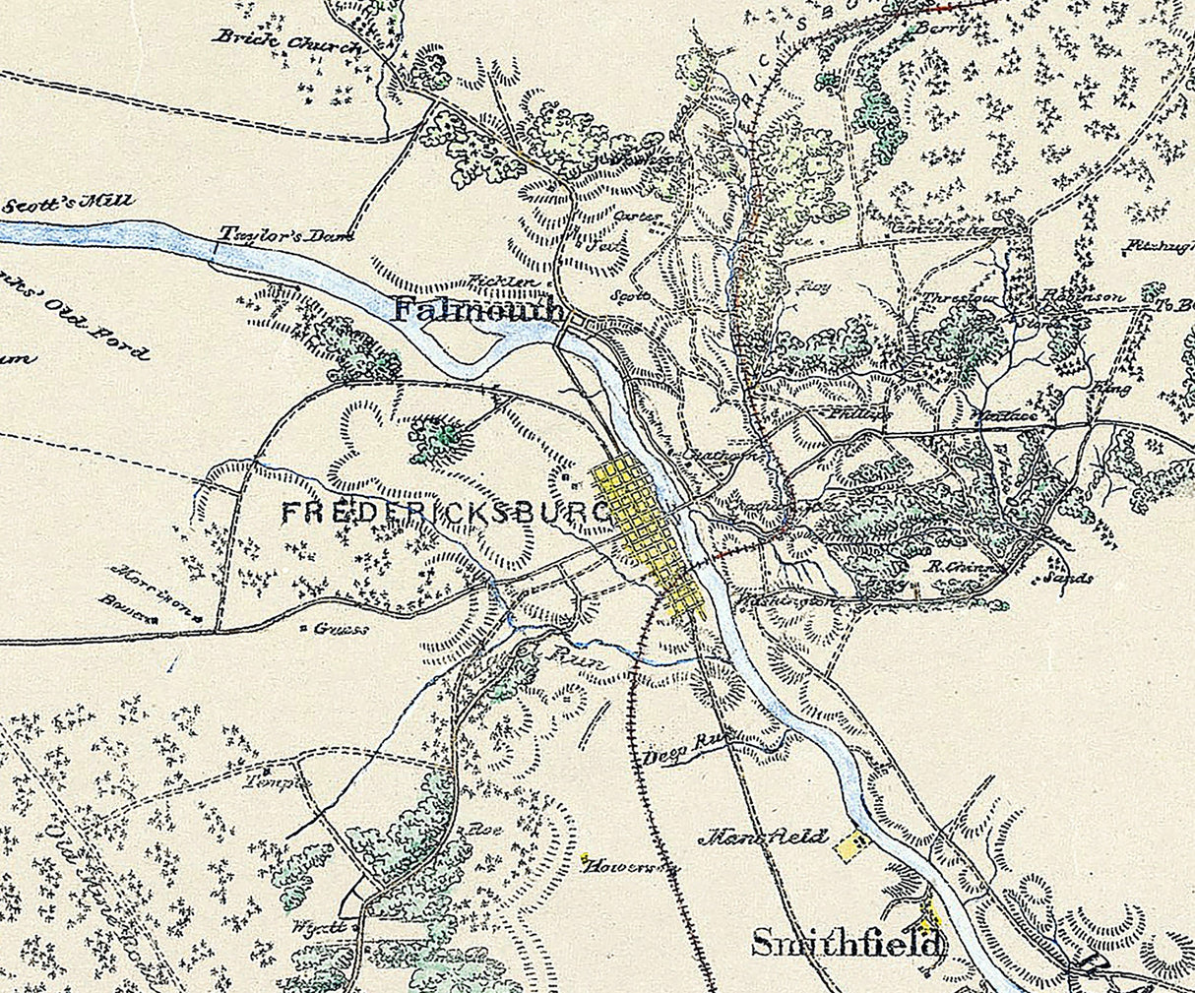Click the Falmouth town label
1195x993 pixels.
(x=478, y=311)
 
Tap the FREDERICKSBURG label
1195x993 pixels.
(x=445, y=513)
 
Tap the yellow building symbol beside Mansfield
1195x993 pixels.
(x=851, y=844)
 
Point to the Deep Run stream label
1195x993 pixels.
(x=677, y=756)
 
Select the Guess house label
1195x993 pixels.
(x=341, y=629)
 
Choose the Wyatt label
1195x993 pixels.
(x=318, y=927)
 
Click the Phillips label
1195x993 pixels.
(x=859, y=414)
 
